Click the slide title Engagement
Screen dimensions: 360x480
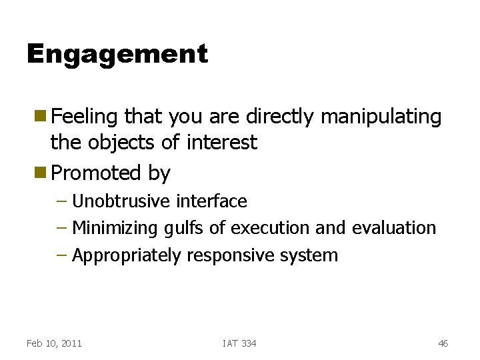click(x=117, y=54)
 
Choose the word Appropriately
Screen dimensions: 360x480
click(x=126, y=255)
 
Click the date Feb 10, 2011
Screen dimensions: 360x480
click(x=54, y=343)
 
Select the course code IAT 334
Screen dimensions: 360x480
click(x=239, y=343)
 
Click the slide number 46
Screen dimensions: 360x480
click(x=443, y=343)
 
